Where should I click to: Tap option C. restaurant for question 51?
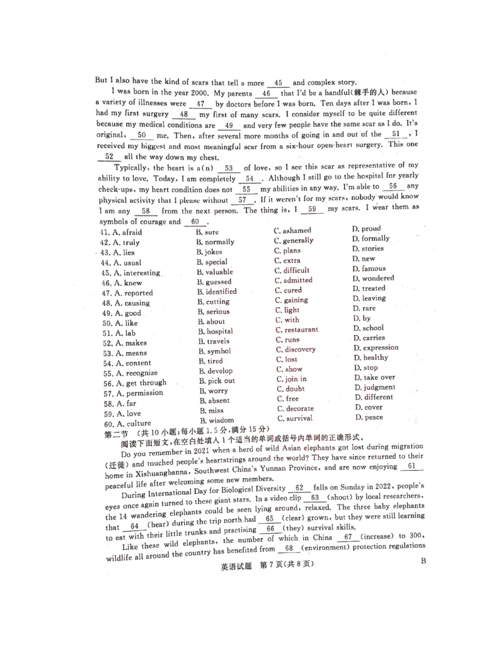[x=296, y=329]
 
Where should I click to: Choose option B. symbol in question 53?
[x=214, y=351]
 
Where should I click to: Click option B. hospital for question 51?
[x=215, y=331]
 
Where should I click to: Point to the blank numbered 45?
[x=278, y=83]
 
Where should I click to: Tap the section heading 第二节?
[x=116, y=435]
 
